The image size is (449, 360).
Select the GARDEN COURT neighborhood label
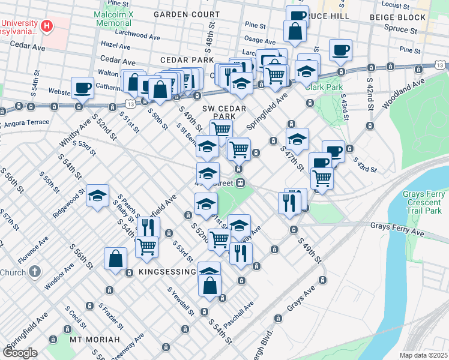[186, 13]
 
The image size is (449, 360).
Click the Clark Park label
[322, 86]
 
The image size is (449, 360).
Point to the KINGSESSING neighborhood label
[160, 272]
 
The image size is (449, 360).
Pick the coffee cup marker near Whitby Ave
[82, 89]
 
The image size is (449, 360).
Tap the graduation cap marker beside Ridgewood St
[97, 196]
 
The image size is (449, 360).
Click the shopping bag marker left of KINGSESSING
[115, 260]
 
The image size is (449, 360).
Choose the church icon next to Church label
[35, 272]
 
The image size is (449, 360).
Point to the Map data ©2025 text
[423, 355]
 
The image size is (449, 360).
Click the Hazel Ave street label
[116, 45]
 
